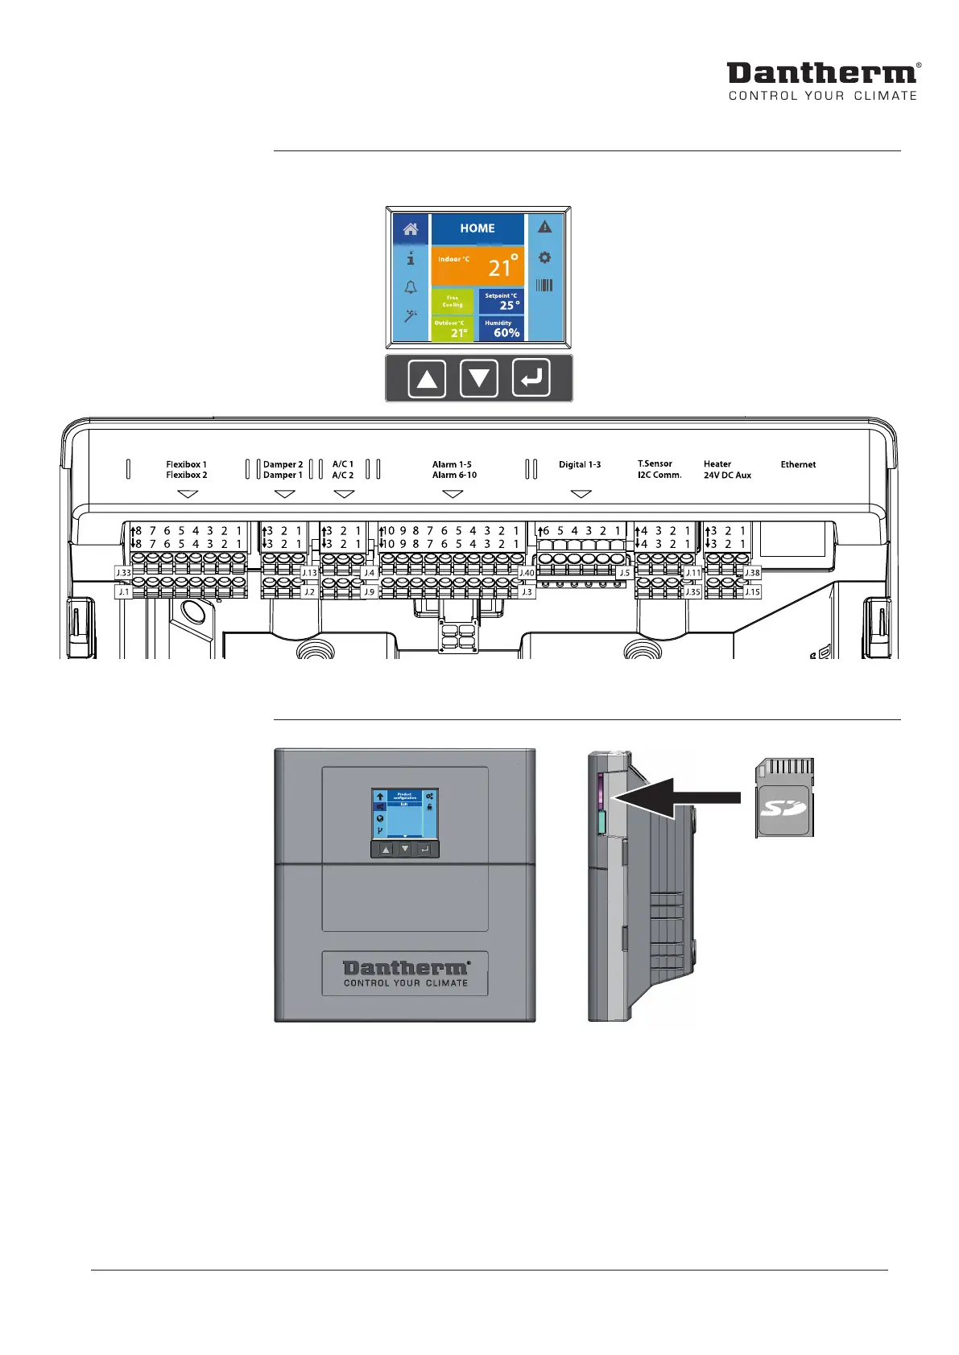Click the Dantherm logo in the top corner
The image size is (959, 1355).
click(x=822, y=80)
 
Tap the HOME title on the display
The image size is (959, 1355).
click(x=477, y=229)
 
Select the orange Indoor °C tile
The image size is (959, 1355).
click(x=477, y=266)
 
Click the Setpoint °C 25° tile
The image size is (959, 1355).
click(x=501, y=302)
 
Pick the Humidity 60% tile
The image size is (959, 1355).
click(x=501, y=328)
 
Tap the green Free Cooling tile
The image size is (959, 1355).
click(x=453, y=302)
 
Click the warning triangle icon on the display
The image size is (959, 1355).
click(x=545, y=228)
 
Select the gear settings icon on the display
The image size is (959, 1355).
click(x=545, y=257)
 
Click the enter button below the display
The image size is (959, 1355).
click(x=531, y=378)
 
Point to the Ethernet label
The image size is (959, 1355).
click(x=798, y=464)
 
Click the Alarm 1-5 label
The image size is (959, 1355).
click(x=452, y=464)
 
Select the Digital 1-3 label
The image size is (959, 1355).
click(x=580, y=464)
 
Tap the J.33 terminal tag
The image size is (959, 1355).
click(x=123, y=573)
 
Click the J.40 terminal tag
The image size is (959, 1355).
click(x=527, y=573)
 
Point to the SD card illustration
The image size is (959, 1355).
click(x=785, y=797)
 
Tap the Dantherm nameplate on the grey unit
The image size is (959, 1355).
click(x=405, y=974)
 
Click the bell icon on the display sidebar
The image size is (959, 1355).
click(x=411, y=287)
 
